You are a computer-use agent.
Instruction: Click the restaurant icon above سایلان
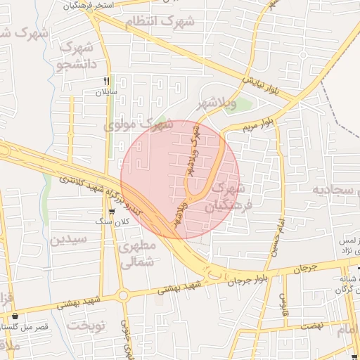click(107, 82)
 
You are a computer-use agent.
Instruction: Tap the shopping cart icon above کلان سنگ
click(112, 211)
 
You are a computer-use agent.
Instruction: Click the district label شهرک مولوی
click(139, 125)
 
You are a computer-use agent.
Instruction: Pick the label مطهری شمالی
click(136, 255)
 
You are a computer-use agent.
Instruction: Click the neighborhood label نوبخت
click(86, 325)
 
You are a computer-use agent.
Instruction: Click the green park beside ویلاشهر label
click(242, 105)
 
